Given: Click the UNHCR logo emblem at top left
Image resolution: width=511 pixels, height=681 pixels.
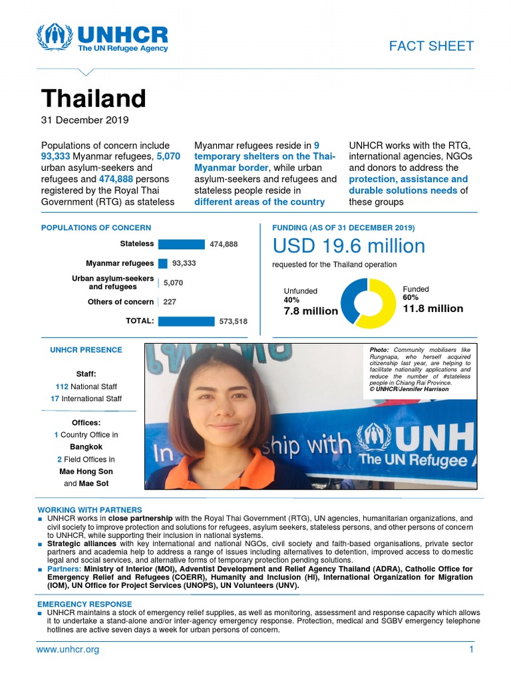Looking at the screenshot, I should [55, 38].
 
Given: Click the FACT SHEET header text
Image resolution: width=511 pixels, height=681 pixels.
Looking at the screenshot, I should [431, 46].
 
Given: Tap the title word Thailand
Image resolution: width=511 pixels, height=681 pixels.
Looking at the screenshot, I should [93, 98].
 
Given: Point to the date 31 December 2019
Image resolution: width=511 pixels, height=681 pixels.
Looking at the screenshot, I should [85, 120].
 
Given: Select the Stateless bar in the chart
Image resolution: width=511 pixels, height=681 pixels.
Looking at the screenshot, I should [181, 244].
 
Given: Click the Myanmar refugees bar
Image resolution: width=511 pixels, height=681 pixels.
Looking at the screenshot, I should [162, 263].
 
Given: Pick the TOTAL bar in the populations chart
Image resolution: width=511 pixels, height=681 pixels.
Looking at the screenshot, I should [186, 321].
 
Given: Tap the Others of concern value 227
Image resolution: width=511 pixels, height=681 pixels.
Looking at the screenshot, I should [169, 302].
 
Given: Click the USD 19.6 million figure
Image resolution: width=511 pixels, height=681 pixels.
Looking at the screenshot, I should [349, 246].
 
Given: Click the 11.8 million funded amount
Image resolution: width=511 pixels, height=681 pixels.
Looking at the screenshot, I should [432, 309].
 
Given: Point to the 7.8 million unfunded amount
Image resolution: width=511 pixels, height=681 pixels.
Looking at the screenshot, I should [311, 311].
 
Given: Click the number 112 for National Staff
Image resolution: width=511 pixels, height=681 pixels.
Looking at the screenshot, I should [63, 386].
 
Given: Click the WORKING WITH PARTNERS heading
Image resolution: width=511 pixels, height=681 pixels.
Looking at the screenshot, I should [90, 510].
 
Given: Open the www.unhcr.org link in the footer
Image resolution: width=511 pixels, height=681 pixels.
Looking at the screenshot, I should [67, 650].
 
